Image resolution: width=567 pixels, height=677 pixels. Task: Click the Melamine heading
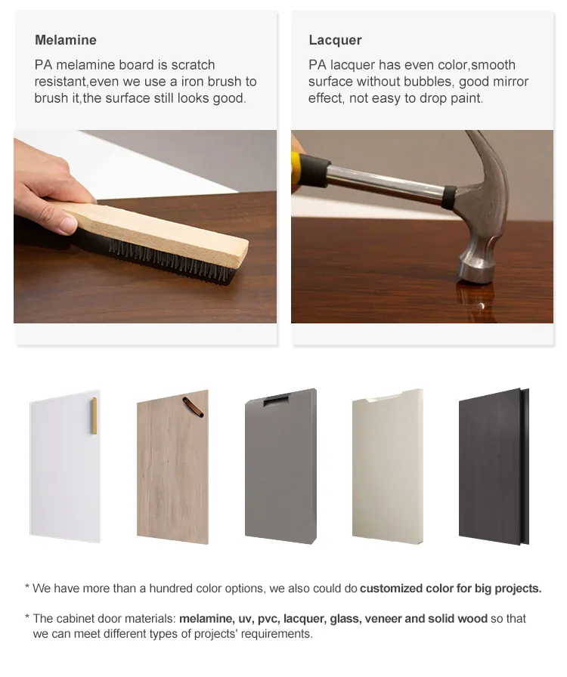66,40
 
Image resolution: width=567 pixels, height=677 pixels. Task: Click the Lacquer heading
335,40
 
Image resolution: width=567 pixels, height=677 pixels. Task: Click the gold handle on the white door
94,416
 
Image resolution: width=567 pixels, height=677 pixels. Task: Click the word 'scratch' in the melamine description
194,65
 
